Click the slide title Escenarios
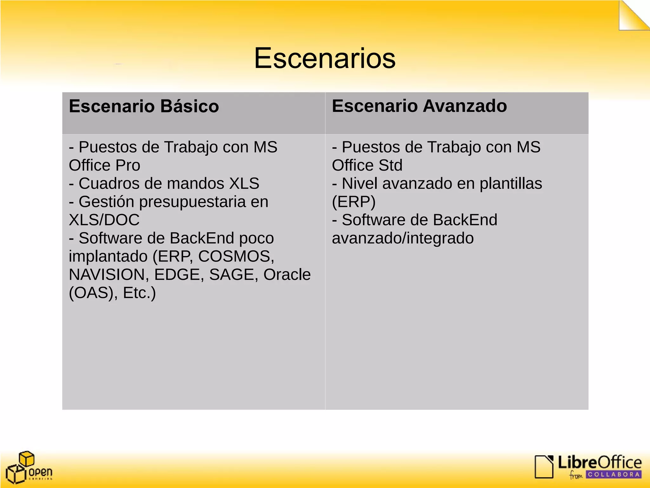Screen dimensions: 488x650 325,58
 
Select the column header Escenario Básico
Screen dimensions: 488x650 144,106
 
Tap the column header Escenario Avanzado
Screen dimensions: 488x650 419,106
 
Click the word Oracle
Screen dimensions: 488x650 287,274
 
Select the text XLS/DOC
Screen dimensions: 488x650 104,220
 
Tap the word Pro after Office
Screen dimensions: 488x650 128,165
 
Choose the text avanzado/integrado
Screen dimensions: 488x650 403,238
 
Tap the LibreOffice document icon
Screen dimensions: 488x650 544,466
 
